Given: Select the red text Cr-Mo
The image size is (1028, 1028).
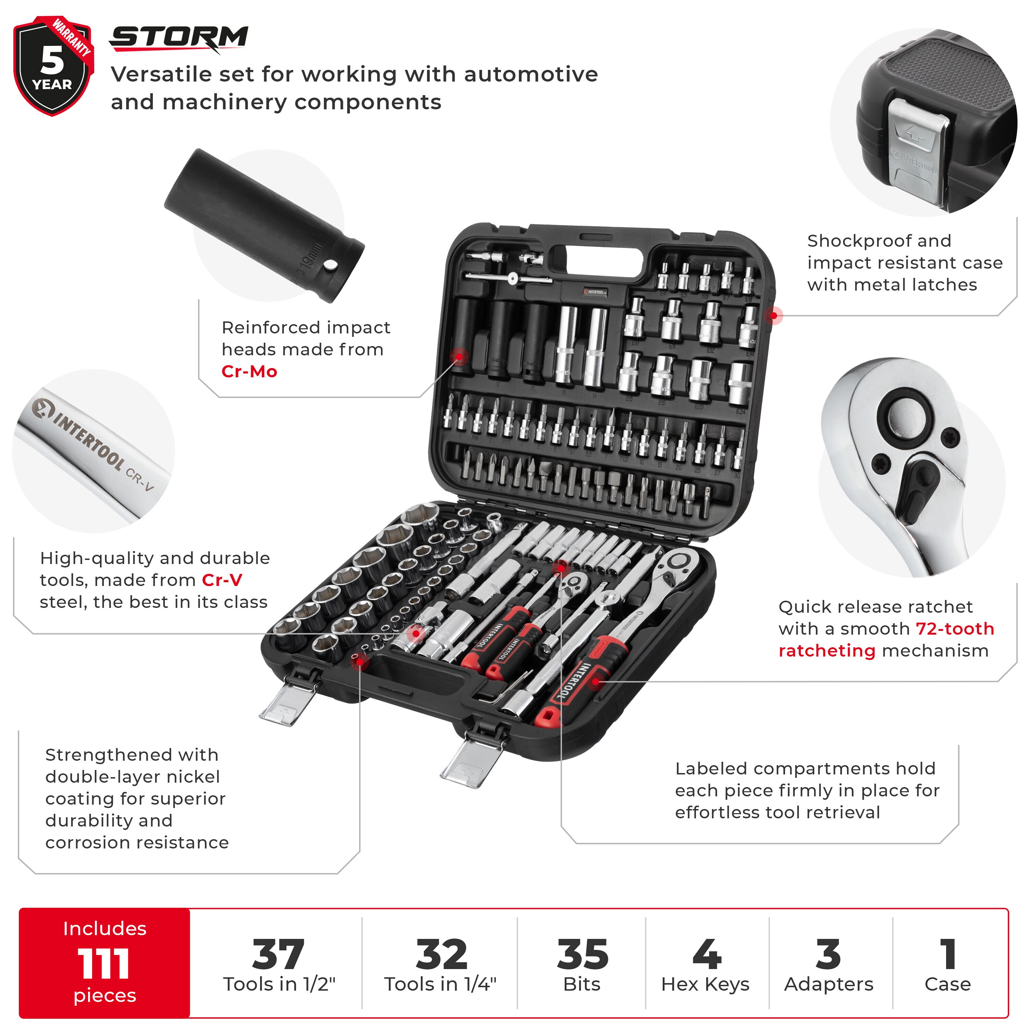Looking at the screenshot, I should pyautogui.click(x=249, y=371).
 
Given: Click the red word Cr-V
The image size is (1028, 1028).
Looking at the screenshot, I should pyautogui.click(x=222, y=580).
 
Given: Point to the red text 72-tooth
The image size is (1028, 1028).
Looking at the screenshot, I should pyautogui.click(x=955, y=628).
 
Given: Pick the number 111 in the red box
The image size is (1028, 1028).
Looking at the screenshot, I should pyautogui.click(x=104, y=964).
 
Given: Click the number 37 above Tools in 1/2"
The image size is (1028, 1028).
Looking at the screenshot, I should pyautogui.click(x=278, y=955).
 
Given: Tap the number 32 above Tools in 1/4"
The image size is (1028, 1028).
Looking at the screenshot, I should pyautogui.click(x=441, y=955).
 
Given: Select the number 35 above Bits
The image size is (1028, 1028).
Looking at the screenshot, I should pyautogui.click(x=582, y=955).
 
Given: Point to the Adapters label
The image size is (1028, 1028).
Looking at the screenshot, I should pyautogui.click(x=829, y=984).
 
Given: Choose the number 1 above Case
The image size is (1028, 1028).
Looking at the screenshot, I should pyautogui.click(x=948, y=955).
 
